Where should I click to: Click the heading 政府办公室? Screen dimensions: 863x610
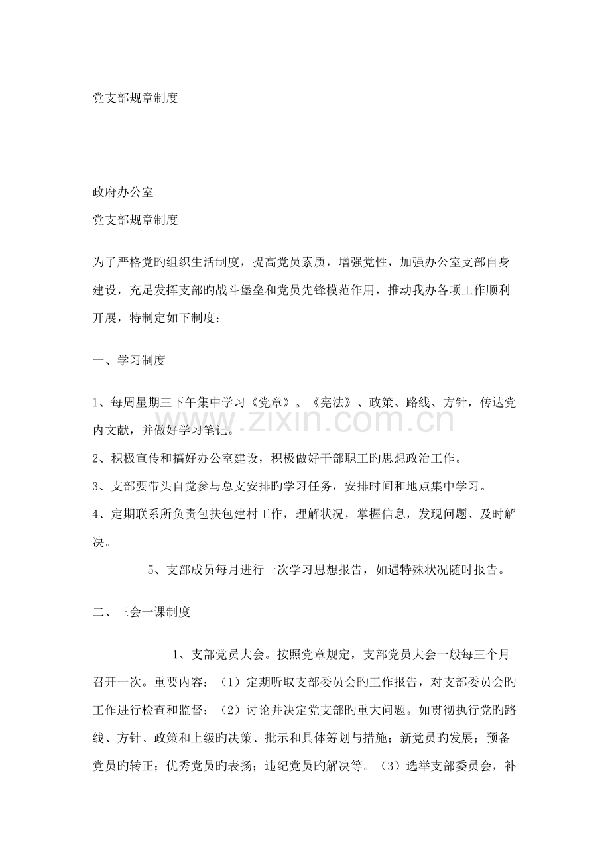(123, 193)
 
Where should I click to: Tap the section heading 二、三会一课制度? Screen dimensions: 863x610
(141, 612)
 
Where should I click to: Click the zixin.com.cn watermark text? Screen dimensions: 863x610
(344, 420)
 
